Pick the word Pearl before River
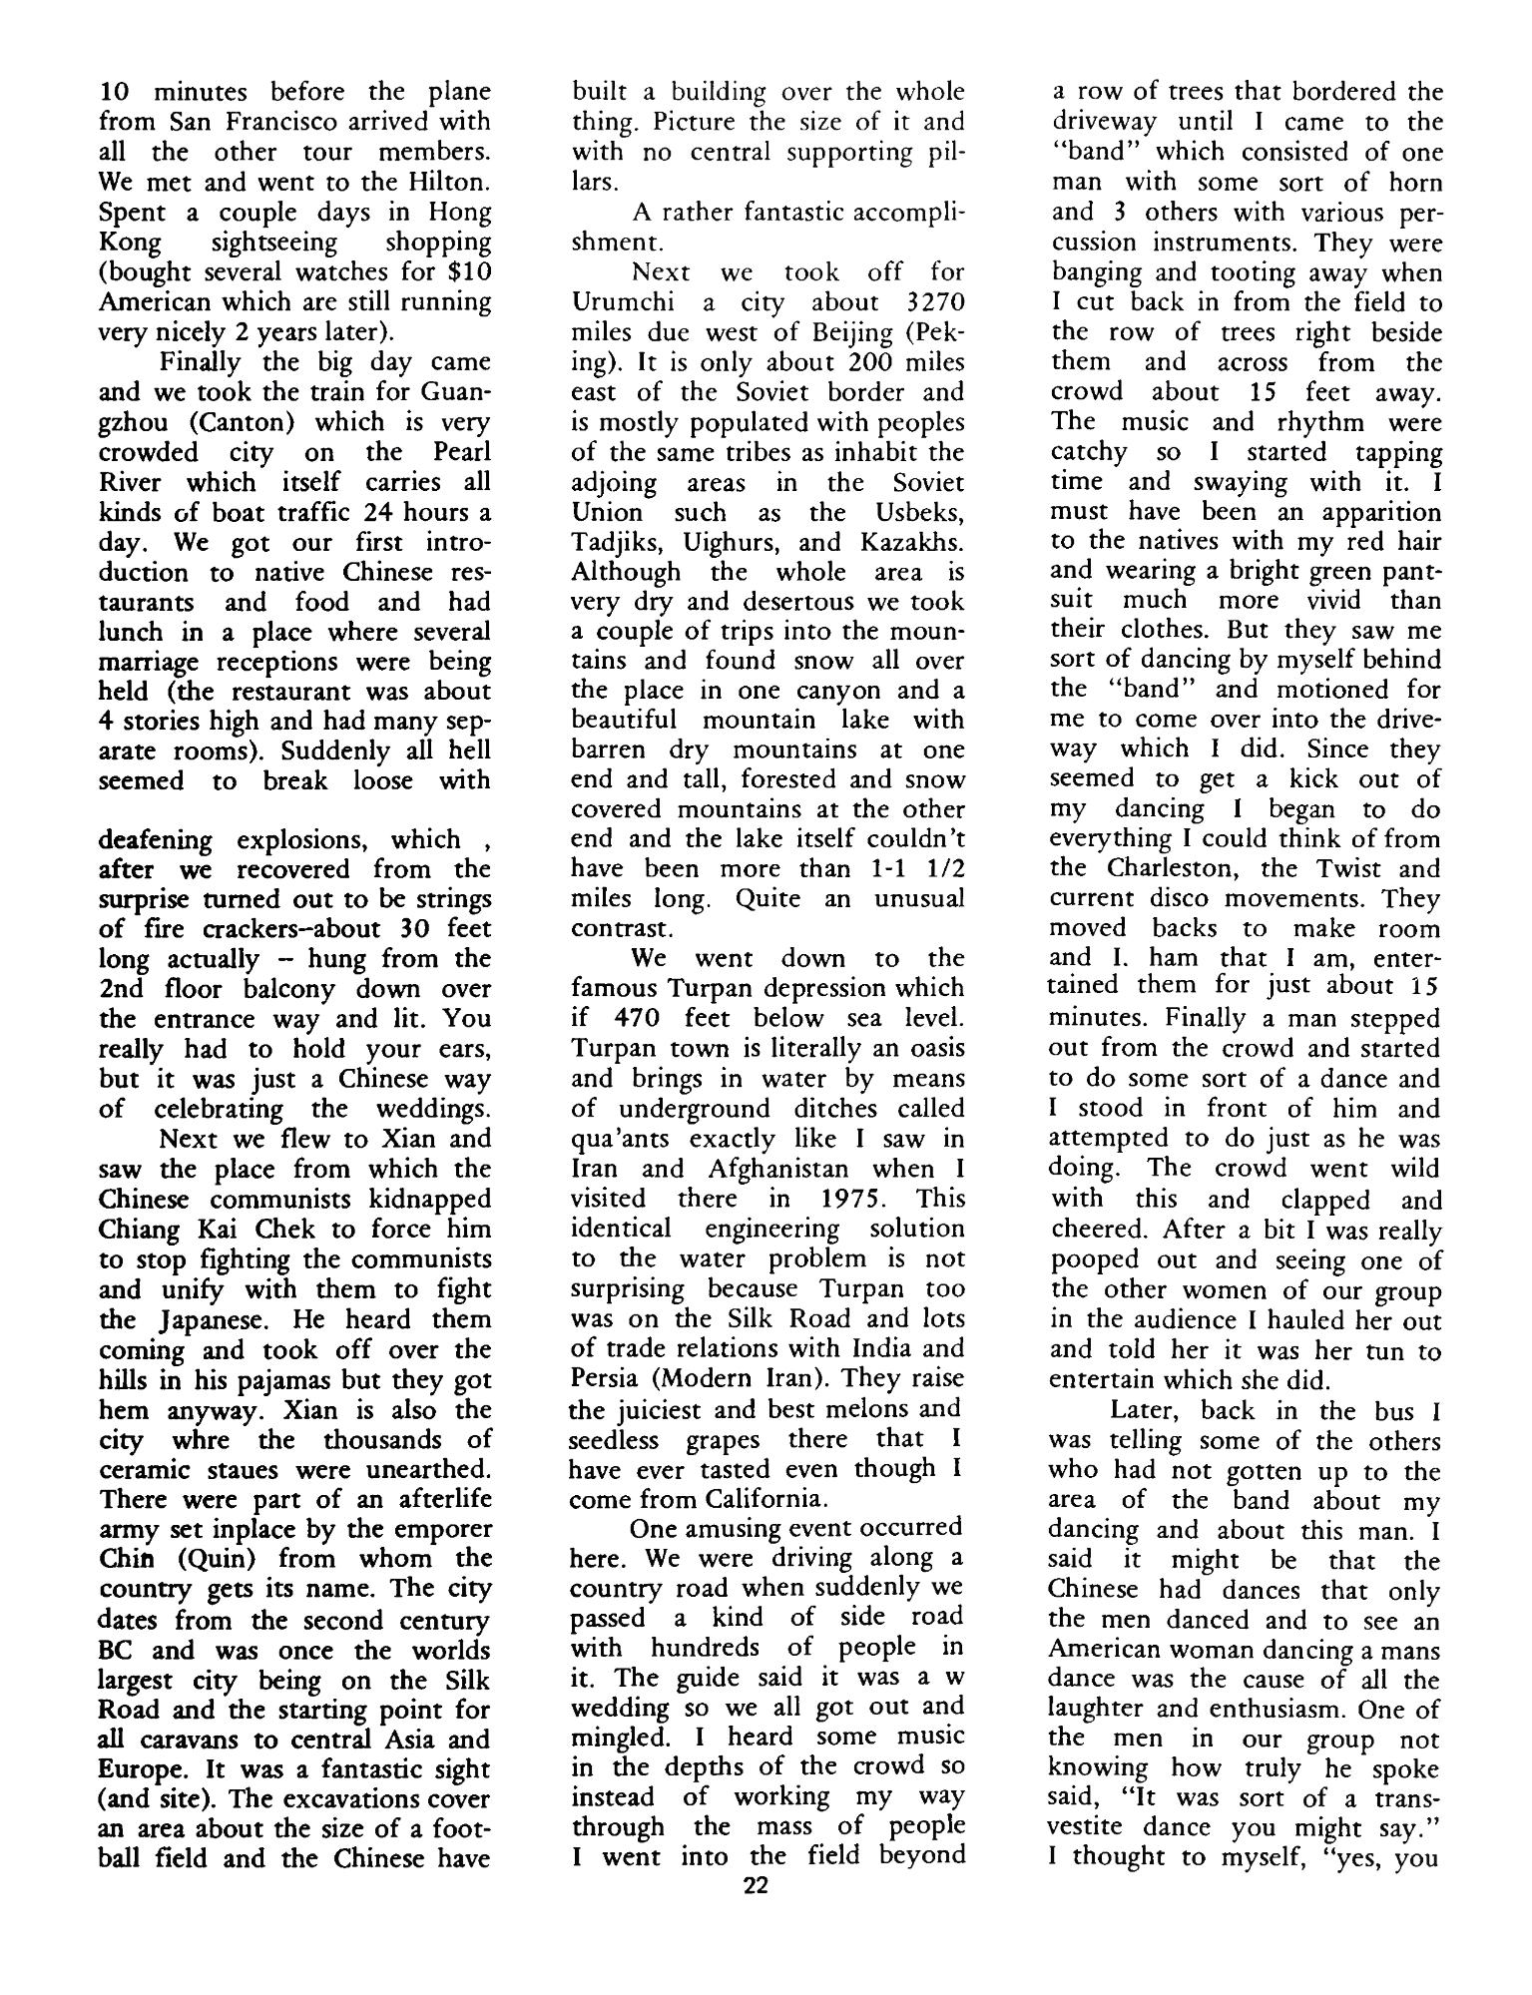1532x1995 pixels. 462,451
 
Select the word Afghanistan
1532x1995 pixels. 774,1168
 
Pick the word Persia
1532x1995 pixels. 610,1378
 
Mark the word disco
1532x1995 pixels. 1198,897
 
